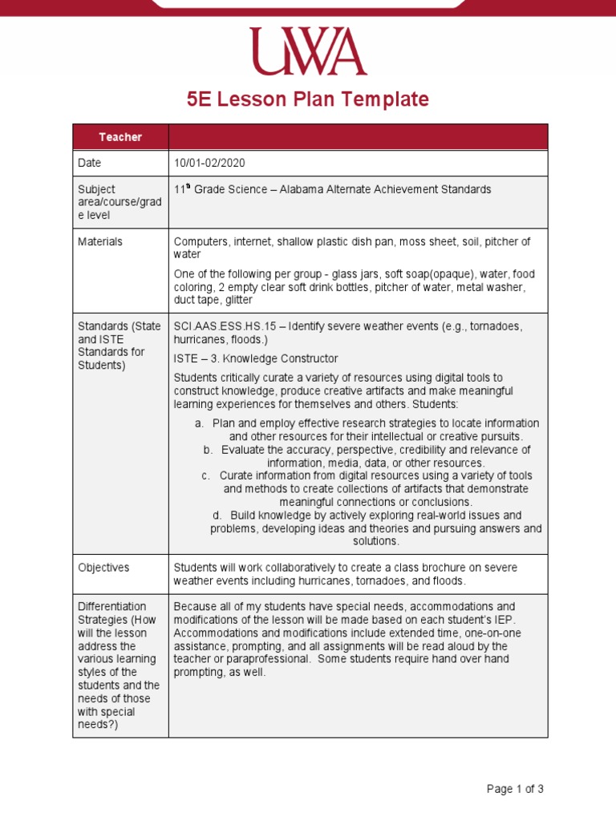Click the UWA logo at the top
(x=308, y=51)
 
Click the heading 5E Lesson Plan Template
(x=308, y=99)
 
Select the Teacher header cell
(x=120, y=137)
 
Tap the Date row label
(x=90, y=163)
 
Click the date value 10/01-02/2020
(x=209, y=163)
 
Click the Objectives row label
(x=103, y=568)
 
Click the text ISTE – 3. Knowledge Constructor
(x=256, y=358)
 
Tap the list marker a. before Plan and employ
(x=199, y=423)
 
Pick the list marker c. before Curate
(x=206, y=475)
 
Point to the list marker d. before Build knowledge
(x=217, y=515)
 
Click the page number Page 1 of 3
(x=515, y=789)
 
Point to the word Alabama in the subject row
(x=298, y=189)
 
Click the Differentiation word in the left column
(x=111, y=607)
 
